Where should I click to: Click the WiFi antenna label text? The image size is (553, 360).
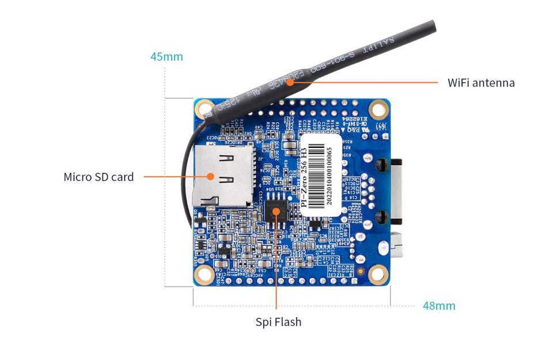coord(481,82)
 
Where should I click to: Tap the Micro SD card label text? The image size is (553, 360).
coord(99,177)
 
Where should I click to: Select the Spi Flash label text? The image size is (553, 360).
coord(278,322)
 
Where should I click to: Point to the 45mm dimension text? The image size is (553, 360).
coord(166,56)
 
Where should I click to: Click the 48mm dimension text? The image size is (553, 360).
coord(439,306)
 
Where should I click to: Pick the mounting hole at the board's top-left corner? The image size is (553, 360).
coord(204,108)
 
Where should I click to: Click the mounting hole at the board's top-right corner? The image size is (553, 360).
coord(378,108)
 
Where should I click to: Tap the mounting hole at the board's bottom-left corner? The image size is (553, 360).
coord(204,274)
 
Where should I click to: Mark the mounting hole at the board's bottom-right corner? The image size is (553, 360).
coord(378,275)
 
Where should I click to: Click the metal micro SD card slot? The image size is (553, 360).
coord(222,176)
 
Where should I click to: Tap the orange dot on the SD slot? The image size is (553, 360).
coord(211,177)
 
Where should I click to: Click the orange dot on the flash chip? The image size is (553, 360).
coord(277,212)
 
